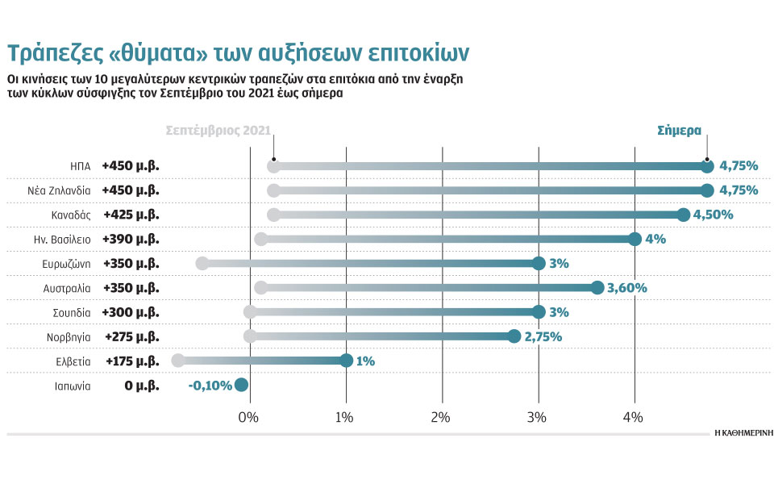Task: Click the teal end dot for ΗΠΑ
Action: click(707, 166)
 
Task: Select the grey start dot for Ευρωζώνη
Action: click(202, 263)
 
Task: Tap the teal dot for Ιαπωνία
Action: click(240, 385)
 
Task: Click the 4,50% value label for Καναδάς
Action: click(715, 215)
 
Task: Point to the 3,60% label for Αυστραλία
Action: click(626, 287)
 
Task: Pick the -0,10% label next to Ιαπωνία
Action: click(210, 385)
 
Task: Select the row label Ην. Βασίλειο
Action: click(61, 239)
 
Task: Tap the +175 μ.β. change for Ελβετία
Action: click(131, 361)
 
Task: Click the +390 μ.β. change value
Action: click(131, 239)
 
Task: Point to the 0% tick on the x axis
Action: click(248, 417)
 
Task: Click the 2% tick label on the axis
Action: click(440, 417)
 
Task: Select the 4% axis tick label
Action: click(633, 417)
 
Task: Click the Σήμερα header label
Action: click(679, 130)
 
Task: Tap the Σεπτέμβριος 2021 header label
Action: click(218, 130)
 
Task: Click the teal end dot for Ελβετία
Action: click(346, 361)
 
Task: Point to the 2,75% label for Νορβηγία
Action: click(543, 336)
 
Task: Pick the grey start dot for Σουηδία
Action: click(250, 312)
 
